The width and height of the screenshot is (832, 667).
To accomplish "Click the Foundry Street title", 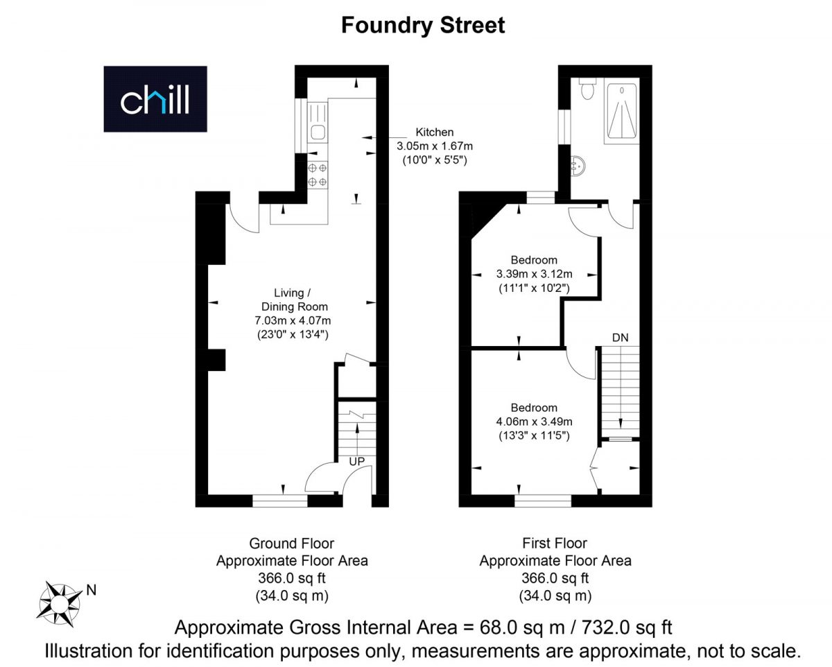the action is click(x=423, y=26).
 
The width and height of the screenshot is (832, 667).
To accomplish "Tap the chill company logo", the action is click(x=155, y=99).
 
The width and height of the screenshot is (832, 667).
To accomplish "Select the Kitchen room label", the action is click(x=435, y=132).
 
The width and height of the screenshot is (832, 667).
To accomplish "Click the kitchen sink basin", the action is click(x=318, y=132).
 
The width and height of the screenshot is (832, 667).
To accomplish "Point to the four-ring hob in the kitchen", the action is click(x=318, y=175).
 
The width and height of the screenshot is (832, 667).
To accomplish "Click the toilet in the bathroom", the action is click(x=587, y=89).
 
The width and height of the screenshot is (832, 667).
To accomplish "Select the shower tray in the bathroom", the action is click(x=622, y=111).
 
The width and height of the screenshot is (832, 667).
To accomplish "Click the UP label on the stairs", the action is click(x=356, y=461).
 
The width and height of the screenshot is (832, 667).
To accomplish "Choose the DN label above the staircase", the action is click(x=620, y=338).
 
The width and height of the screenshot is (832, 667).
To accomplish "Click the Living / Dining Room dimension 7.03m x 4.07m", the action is click(x=293, y=320).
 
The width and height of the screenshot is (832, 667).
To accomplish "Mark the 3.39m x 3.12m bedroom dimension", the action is click(x=535, y=274).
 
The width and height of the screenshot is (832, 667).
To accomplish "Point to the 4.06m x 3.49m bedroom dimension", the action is click(x=535, y=422).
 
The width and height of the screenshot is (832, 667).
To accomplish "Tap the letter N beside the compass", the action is click(x=92, y=591).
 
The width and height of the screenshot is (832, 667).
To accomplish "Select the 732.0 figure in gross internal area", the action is click(x=606, y=627).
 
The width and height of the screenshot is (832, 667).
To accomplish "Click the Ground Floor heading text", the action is click(x=291, y=544).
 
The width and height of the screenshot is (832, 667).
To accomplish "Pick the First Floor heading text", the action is click(x=555, y=544).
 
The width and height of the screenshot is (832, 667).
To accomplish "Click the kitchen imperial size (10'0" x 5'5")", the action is click(x=435, y=160).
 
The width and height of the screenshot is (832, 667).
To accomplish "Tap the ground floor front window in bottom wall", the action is click(x=280, y=501).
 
